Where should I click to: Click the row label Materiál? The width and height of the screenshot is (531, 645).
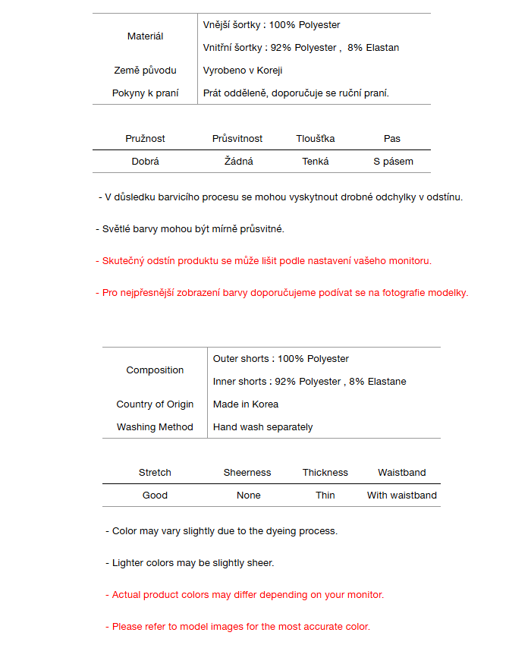(x=145, y=36)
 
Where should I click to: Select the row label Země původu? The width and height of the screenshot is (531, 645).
(x=145, y=71)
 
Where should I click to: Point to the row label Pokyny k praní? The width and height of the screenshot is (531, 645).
(x=145, y=93)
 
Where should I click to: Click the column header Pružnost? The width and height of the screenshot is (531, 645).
(x=145, y=139)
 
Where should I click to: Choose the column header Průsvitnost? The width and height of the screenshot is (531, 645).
(x=237, y=139)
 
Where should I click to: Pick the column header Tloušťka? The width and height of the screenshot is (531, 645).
(x=316, y=139)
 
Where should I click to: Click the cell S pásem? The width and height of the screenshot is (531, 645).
(x=393, y=162)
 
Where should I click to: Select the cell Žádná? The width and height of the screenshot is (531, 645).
(x=239, y=162)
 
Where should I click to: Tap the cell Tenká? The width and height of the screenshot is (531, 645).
(x=316, y=162)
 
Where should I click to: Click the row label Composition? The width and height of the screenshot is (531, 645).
(x=155, y=370)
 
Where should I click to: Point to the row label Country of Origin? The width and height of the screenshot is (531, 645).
(x=155, y=404)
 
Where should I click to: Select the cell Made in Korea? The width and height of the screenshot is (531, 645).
(x=246, y=404)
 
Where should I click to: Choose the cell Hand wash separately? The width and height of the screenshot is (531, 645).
(x=262, y=427)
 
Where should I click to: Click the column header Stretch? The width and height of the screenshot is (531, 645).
(x=155, y=473)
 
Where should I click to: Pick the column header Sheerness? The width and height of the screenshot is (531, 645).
(x=247, y=473)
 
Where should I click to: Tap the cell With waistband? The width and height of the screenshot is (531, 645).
(x=402, y=496)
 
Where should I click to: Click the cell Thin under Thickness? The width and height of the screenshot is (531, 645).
(x=325, y=496)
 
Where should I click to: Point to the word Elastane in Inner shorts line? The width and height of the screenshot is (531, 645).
(x=387, y=382)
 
